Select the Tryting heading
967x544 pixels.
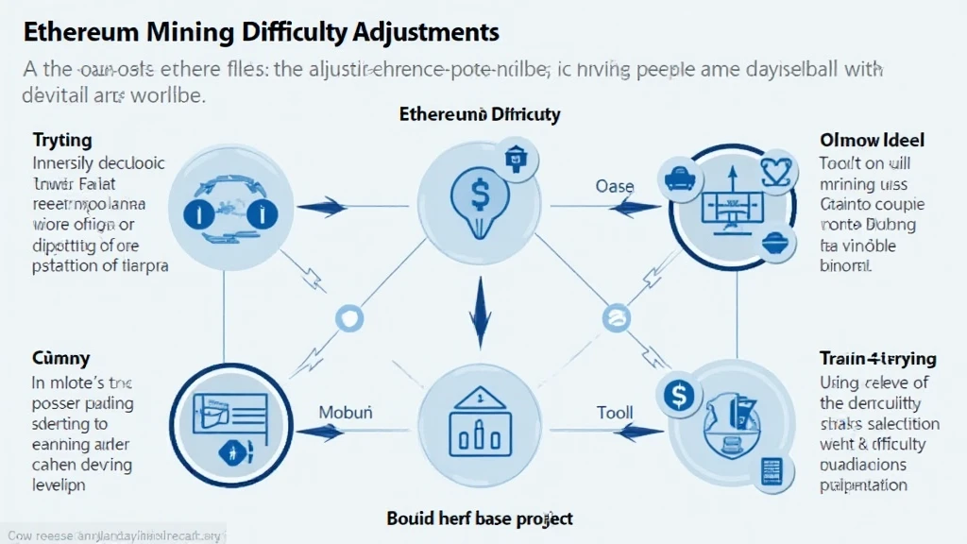(x=62, y=140)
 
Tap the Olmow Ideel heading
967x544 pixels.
(x=872, y=140)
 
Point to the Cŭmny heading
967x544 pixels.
(x=62, y=358)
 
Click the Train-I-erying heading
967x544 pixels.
(x=877, y=359)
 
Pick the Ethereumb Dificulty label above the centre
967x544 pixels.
(x=480, y=114)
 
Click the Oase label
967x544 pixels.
(x=615, y=187)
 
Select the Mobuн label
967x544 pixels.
(x=346, y=413)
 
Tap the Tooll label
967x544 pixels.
(x=615, y=413)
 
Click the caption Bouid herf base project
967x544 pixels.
(x=480, y=518)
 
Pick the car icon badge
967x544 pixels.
(x=681, y=174)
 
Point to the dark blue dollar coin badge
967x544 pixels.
(x=678, y=395)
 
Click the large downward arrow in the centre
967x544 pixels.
(x=479, y=315)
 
